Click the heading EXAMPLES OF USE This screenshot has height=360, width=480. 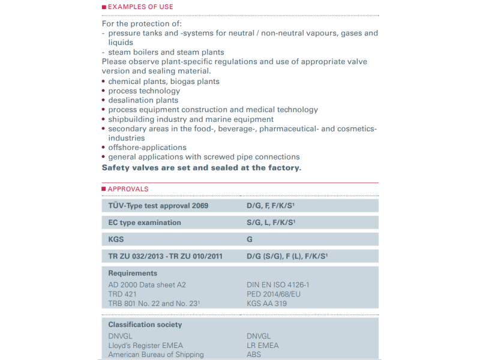pos(140,7)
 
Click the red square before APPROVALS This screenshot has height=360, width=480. pos(104,189)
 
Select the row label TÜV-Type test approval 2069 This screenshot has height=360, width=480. pos(158,206)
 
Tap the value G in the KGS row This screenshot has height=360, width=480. pos(250,239)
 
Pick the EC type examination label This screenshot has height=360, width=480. pos(144,223)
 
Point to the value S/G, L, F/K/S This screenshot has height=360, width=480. pos(271,223)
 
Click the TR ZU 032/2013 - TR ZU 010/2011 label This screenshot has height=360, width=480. pos(165,256)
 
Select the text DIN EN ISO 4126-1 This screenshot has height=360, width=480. pos(278,285)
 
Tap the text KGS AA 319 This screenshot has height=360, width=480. pos(266,304)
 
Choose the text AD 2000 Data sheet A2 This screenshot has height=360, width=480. pos(148,285)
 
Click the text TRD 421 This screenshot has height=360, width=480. pos(123,294)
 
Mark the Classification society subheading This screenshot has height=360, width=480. pos(145,325)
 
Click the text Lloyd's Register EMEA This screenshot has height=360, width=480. pos(145,345)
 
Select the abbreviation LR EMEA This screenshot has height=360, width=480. pos(263,345)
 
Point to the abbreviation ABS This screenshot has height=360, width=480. pos(254,355)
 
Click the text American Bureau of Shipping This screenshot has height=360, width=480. pos(155,355)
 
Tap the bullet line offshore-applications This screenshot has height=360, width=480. pos(147,148)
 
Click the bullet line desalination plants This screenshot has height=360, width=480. pos(143,100)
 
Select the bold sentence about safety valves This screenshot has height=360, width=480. pos(202,167)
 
